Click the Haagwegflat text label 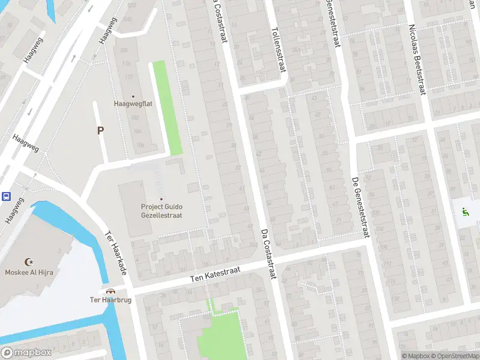click(133, 103)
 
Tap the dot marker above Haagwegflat click(133, 96)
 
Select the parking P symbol click(100, 130)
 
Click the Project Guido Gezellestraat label click(161, 211)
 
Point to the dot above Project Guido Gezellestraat click(161, 199)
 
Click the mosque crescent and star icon click(28, 262)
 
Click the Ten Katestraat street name click(215, 274)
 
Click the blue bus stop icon click(6, 196)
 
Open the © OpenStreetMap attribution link click(454, 356)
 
